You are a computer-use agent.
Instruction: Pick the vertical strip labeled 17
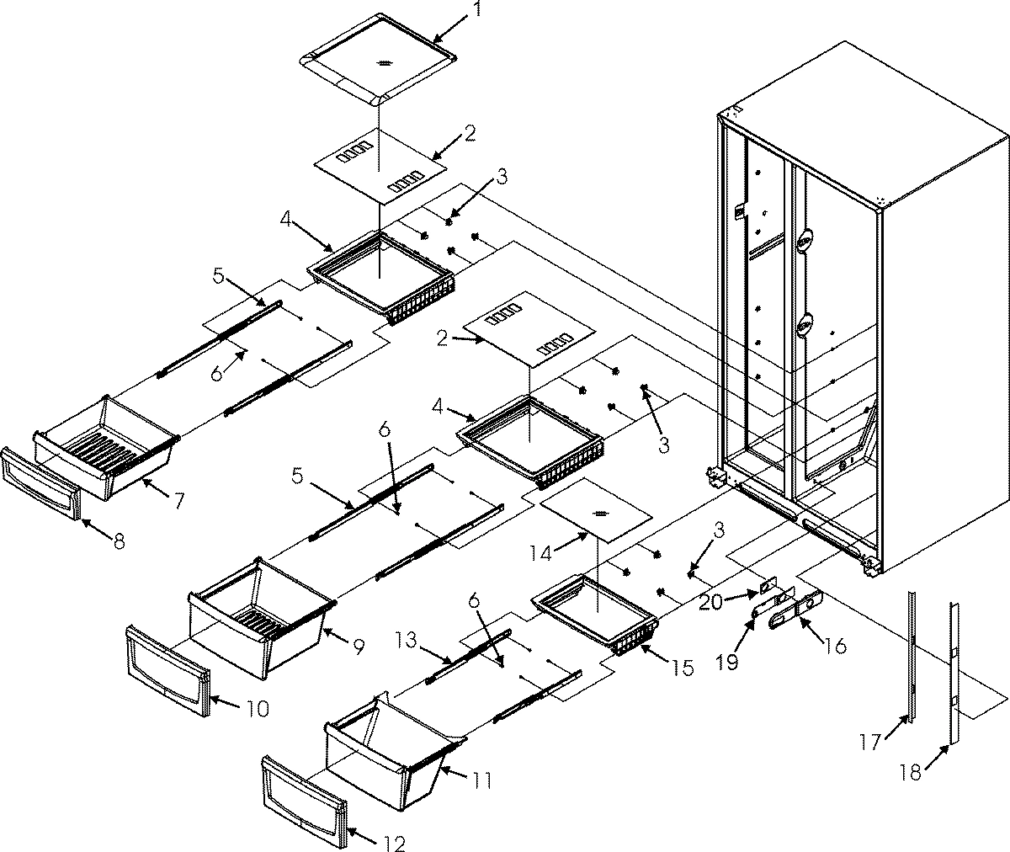click(912, 657)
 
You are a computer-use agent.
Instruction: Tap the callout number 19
click(728, 662)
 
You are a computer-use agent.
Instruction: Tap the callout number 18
click(910, 773)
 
